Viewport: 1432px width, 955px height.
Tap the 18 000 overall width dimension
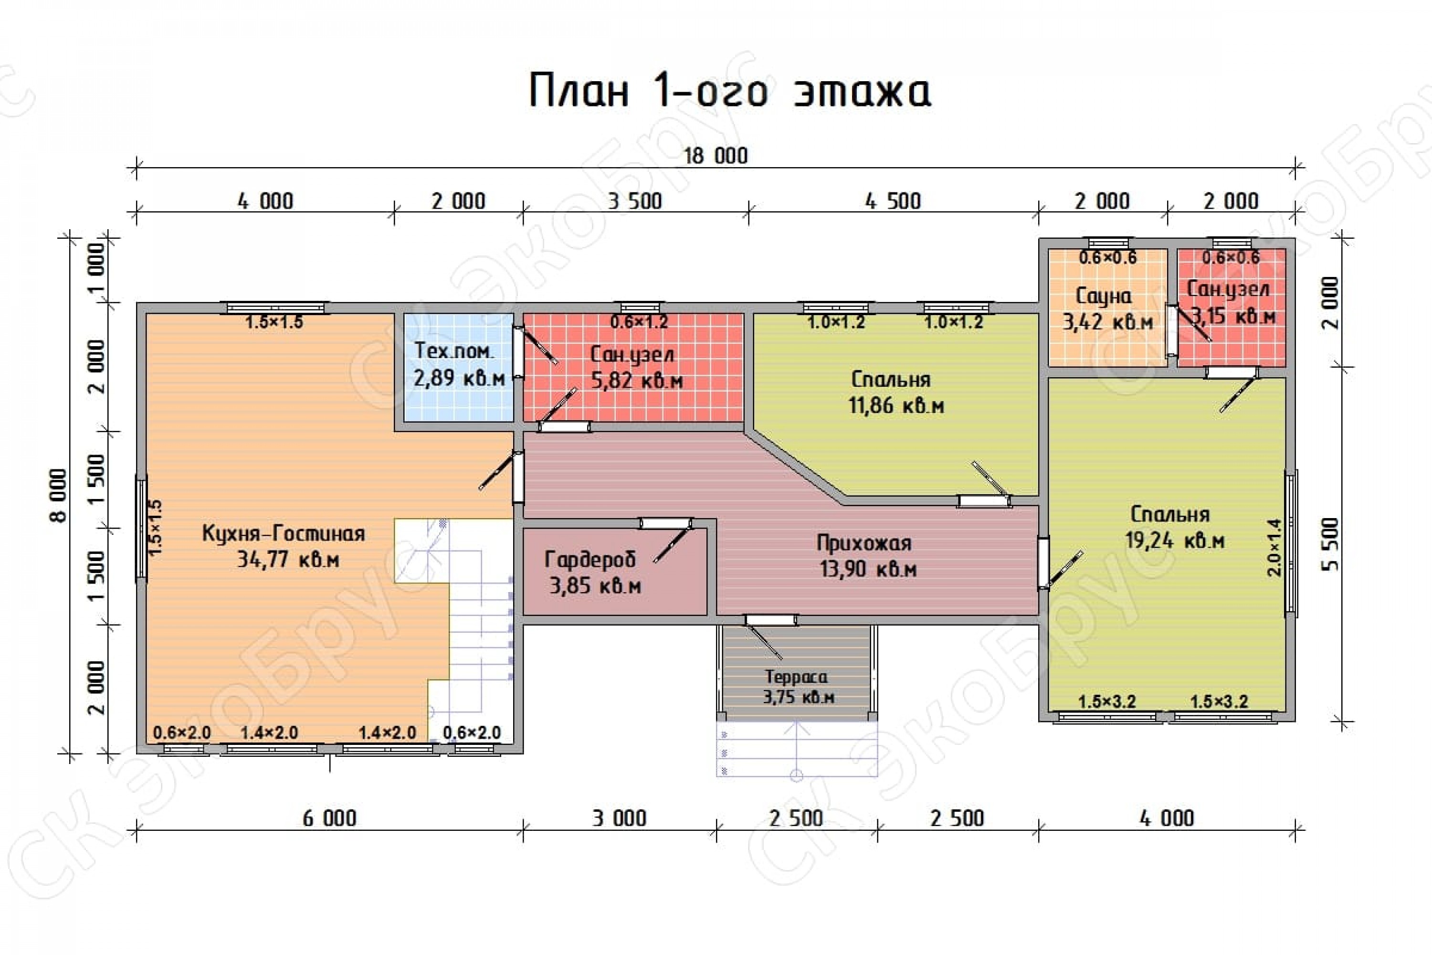(716, 156)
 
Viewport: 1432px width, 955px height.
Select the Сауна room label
(1104, 296)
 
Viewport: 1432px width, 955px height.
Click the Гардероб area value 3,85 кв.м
(595, 586)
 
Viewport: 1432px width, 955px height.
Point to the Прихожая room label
(864, 542)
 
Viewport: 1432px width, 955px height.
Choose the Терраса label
(796, 677)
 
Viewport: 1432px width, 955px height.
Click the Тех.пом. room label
(454, 350)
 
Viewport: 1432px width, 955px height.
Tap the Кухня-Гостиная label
(283, 533)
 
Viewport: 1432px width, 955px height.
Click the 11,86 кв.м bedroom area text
(896, 405)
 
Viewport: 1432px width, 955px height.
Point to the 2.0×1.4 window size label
(1274, 547)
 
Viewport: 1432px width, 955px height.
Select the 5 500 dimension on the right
(1330, 544)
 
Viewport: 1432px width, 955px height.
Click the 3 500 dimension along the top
(634, 201)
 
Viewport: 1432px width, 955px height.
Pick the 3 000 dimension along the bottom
(619, 818)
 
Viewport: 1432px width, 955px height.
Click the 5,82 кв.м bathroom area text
(637, 381)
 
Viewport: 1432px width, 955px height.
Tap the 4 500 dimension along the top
(893, 201)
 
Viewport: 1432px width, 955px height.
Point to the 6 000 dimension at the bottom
(329, 818)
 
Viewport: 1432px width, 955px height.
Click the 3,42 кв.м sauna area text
(1107, 321)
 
